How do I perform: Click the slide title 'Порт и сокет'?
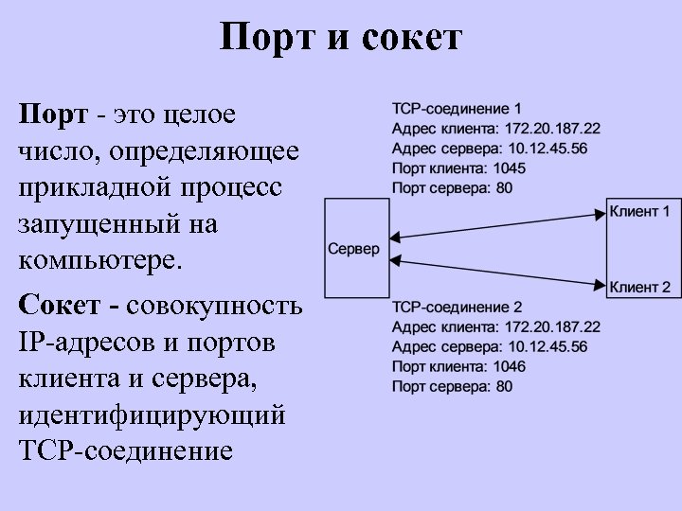[340, 38]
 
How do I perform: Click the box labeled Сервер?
[353, 249]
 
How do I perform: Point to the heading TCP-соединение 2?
[457, 308]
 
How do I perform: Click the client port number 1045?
[509, 167]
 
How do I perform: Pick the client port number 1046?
[509, 366]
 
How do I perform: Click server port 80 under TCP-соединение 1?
[504, 187]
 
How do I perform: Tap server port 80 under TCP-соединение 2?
[504, 386]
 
